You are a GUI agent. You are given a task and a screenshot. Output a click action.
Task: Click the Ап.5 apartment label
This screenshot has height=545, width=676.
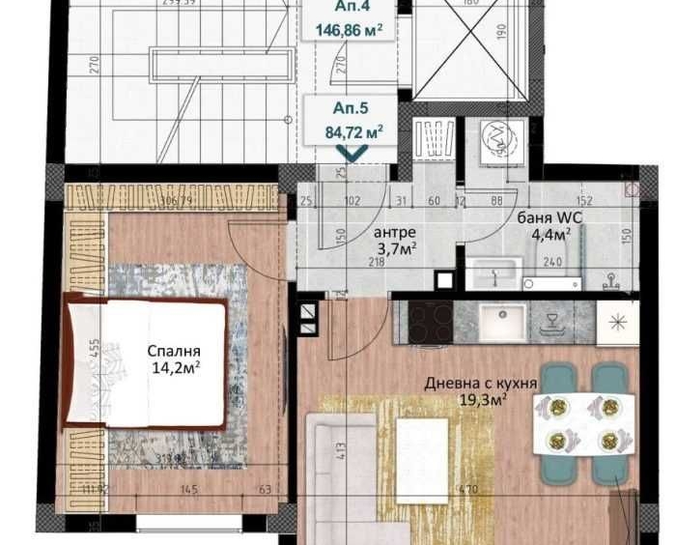tap(350, 109)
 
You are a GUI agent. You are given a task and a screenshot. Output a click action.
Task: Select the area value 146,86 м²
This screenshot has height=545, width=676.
tap(349, 30)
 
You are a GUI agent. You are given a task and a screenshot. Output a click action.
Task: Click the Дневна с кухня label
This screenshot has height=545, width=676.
tap(481, 383)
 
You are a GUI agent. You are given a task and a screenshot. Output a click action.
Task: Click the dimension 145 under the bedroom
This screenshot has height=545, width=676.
tap(189, 490)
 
